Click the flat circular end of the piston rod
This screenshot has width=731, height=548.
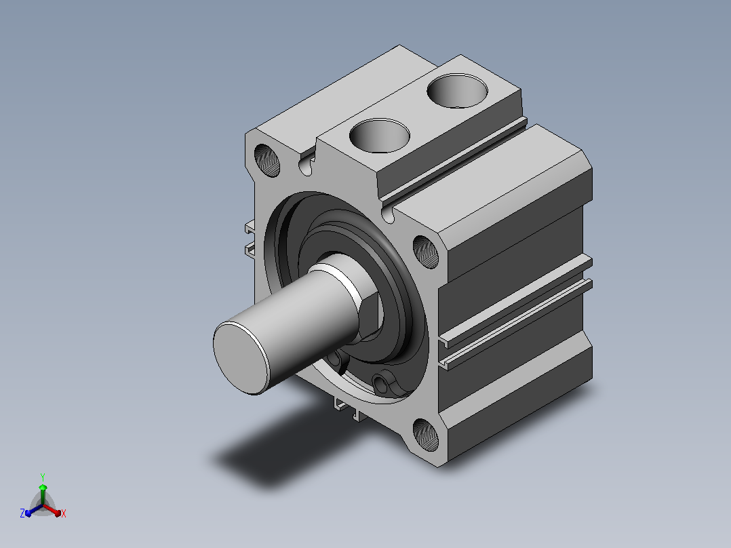[x=241, y=357]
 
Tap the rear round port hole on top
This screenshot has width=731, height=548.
[x=457, y=90]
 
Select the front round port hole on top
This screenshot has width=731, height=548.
[x=380, y=136]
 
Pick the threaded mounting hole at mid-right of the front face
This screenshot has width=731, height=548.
[x=426, y=252]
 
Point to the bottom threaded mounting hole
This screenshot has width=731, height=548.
[x=426, y=435]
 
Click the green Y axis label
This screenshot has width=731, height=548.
[x=43, y=477]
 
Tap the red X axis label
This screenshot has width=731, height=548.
[x=64, y=513]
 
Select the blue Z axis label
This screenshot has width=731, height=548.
[x=22, y=513]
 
